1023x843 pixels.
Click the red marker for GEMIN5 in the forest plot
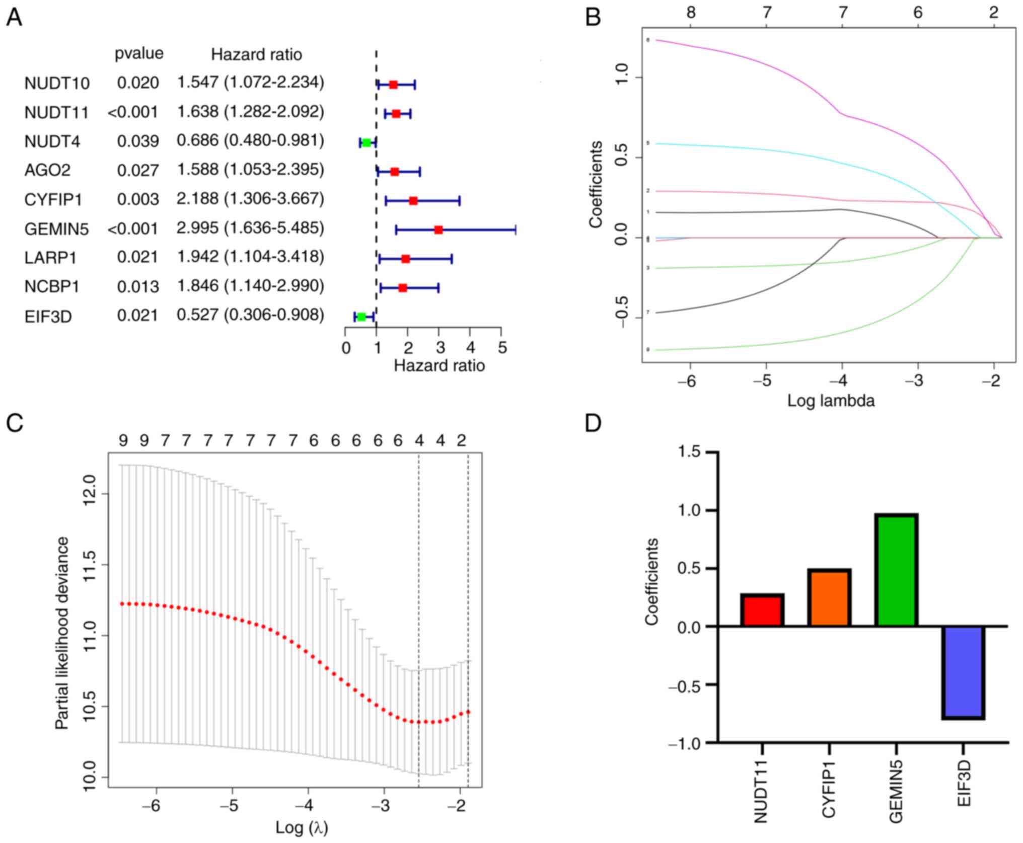coord(439,230)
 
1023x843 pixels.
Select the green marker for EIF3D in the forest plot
coord(361,317)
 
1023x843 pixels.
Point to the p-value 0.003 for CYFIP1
coord(138,200)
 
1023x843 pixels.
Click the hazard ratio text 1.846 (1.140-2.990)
coord(250,286)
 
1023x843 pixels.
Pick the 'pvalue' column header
coord(139,53)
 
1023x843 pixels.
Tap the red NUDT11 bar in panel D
coord(762,610)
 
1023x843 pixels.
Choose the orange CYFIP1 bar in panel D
coord(829,598)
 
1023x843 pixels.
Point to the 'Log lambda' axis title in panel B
coord(831,401)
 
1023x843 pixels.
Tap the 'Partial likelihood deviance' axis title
coord(62,633)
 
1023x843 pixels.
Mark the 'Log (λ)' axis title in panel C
coord(302,827)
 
